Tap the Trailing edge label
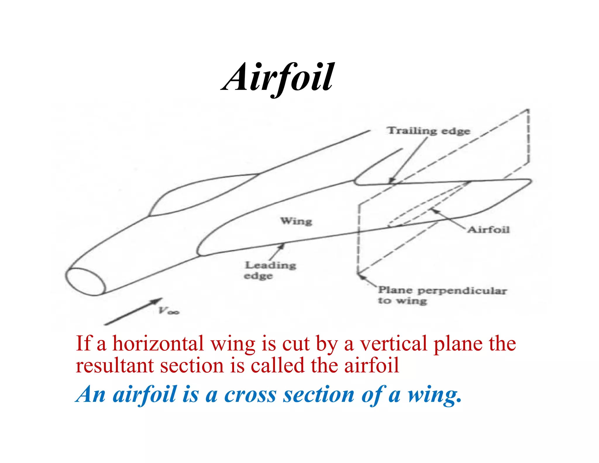[x=429, y=131]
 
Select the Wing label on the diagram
[x=296, y=221]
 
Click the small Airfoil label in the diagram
[x=488, y=230]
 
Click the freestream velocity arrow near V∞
[x=133, y=312]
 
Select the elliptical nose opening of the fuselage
[x=85, y=282]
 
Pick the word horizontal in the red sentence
[x=158, y=344]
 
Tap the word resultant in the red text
[x=114, y=366]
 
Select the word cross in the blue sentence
[x=250, y=395]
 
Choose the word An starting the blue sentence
[x=91, y=395]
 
